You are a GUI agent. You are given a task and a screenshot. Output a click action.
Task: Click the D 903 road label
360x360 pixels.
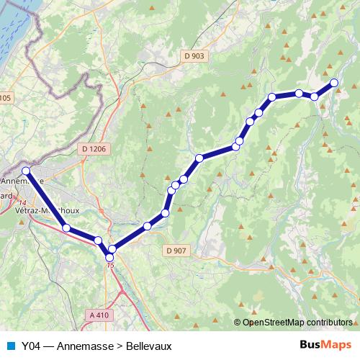(194, 55)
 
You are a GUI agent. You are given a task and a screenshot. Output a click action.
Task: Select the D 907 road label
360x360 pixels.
(176, 251)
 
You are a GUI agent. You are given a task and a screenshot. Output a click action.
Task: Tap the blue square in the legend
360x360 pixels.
(10, 346)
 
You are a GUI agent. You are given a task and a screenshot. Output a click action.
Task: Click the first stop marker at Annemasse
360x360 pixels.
(25, 171)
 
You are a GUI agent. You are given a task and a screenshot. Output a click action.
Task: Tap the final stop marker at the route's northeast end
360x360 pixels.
(334, 83)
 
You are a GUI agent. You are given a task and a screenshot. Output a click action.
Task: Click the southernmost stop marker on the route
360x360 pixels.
(109, 257)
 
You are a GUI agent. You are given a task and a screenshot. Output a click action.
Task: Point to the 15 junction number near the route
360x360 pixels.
(109, 265)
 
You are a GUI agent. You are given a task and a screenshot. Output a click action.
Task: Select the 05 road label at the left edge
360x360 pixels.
(6, 97)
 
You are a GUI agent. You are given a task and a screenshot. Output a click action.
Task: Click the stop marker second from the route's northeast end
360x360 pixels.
(315, 96)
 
